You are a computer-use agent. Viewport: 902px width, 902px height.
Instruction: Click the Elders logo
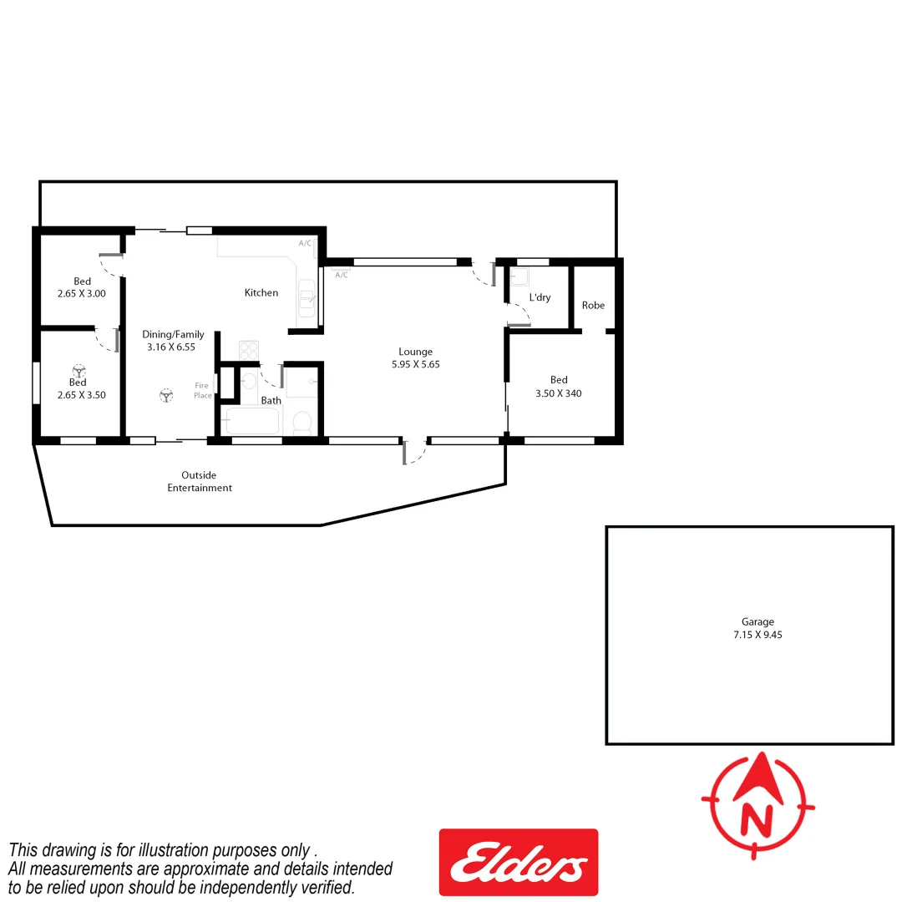518,861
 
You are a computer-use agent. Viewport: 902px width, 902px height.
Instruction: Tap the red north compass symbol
758,806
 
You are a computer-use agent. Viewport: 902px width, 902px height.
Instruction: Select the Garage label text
758,621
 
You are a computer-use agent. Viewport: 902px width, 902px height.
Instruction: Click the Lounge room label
415,352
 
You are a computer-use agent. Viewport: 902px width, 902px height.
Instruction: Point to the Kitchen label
261,292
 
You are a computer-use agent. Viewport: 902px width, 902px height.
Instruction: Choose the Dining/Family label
173,334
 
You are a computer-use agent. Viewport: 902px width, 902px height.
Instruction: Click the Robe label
593,305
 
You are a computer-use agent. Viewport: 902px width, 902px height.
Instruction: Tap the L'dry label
540,297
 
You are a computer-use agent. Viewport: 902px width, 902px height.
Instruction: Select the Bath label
271,400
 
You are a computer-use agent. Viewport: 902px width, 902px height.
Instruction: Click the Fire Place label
203,390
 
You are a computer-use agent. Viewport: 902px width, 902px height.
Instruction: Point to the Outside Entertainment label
199,481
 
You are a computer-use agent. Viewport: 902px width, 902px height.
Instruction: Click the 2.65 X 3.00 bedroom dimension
82,294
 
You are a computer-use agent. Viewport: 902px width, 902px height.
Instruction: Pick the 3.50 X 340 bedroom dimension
559,393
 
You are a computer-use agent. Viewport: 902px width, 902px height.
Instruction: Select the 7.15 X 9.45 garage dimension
758,635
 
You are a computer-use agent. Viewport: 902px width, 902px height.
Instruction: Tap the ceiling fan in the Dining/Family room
166,396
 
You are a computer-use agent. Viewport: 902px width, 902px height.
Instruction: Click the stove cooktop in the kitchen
250,350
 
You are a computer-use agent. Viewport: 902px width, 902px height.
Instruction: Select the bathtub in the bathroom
252,421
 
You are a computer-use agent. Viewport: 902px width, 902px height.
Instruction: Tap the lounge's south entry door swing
415,451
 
